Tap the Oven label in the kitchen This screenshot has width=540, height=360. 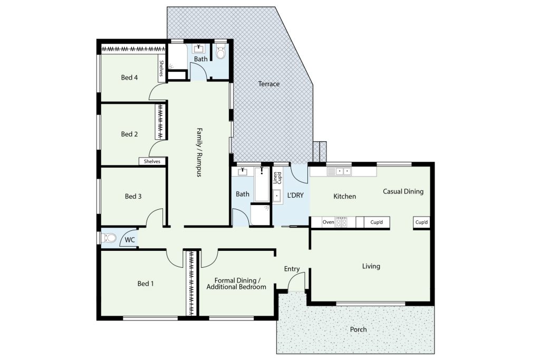coord(328,222)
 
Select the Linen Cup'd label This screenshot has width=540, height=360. coord(277,178)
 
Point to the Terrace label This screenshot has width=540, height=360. coord(269,84)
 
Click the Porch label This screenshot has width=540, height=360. coord(358,329)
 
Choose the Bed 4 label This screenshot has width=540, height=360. coord(130,77)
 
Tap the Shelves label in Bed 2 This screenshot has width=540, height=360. coord(152,161)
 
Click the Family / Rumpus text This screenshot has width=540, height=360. coord(199,152)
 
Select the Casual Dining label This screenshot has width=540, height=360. coord(403,191)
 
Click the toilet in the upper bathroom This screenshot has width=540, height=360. coord(220,52)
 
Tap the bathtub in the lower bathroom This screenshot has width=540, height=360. coord(262,184)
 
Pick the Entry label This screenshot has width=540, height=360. coord(292,269)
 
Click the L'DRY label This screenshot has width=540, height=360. coord(295,195)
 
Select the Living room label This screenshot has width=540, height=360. coord(371,266)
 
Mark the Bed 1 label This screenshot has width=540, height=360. coord(146,284)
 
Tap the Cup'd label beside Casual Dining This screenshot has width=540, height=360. coord(421,222)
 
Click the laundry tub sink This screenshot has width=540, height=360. coord(277,196)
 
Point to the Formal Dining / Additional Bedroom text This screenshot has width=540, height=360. coord(236,284)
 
